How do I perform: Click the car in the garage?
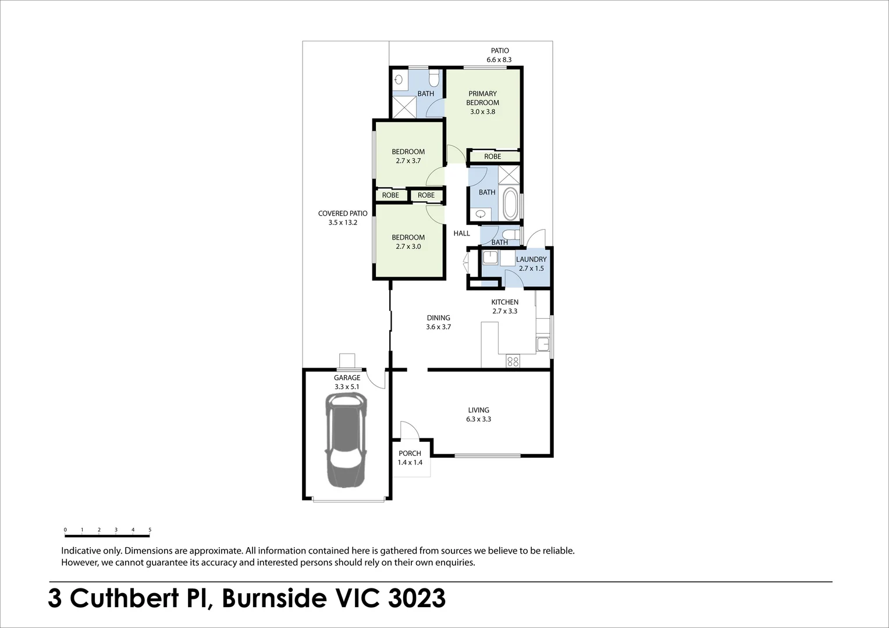(x=346, y=440)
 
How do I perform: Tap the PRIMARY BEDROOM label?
(x=482, y=98)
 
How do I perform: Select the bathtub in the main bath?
(x=510, y=205)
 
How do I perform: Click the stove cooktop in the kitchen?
(x=513, y=361)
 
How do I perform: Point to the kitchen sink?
(x=542, y=344)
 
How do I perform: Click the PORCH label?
(x=410, y=454)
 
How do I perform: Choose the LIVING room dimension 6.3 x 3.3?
(x=478, y=419)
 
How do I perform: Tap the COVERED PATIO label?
(x=343, y=213)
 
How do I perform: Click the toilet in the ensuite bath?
(x=433, y=77)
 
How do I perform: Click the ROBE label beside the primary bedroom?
(x=492, y=156)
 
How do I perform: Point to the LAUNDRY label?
(x=531, y=259)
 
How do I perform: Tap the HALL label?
(x=461, y=233)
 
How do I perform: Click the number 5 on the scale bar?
(x=150, y=530)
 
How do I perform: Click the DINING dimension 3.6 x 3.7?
(x=438, y=327)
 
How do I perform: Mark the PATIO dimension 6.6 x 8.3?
(x=499, y=60)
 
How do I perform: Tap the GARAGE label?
(x=347, y=378)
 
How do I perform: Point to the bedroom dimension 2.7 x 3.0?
(x=408, y=247)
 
